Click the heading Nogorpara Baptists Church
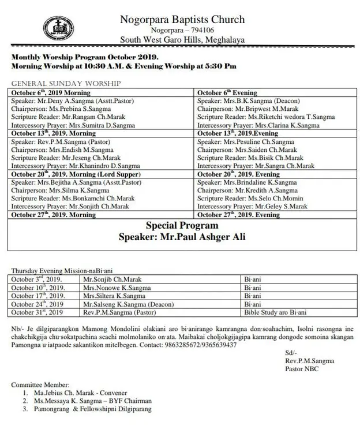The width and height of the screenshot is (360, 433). pyautogui.click(x=182, y=20)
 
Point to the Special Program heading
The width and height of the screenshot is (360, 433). pyautogui.click(x=182, y=225)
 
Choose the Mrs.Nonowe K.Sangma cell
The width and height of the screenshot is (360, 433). pyautogui.click(x=114, y=287)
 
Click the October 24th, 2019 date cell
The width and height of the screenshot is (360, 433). pyautogui.click(x=37, y=304)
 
